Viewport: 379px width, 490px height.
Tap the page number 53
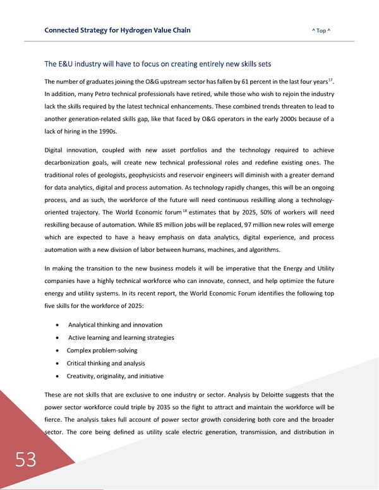coord(26,460)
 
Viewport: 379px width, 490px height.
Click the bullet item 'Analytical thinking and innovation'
coord(115,325)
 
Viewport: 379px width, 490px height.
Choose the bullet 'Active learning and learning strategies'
coord(121,337)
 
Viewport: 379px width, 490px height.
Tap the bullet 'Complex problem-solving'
coord(102,350)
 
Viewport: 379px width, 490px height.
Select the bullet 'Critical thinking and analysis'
coord(105,363)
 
